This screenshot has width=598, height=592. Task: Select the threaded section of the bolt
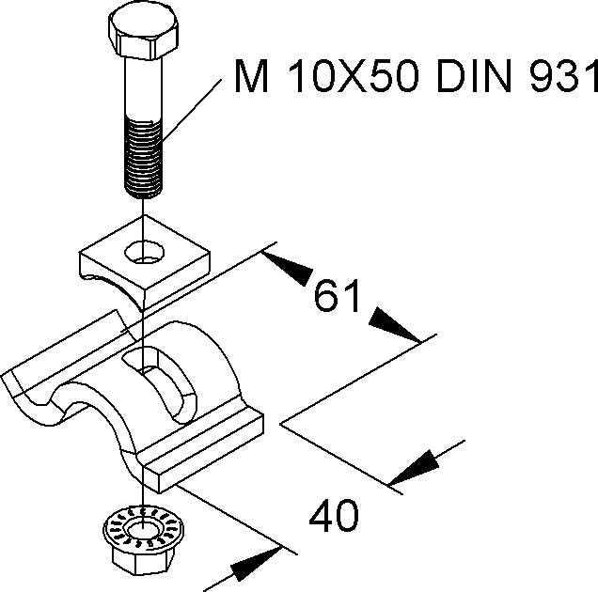(x=143, y=159)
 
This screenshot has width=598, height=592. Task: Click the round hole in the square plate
(x=146, y=250)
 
